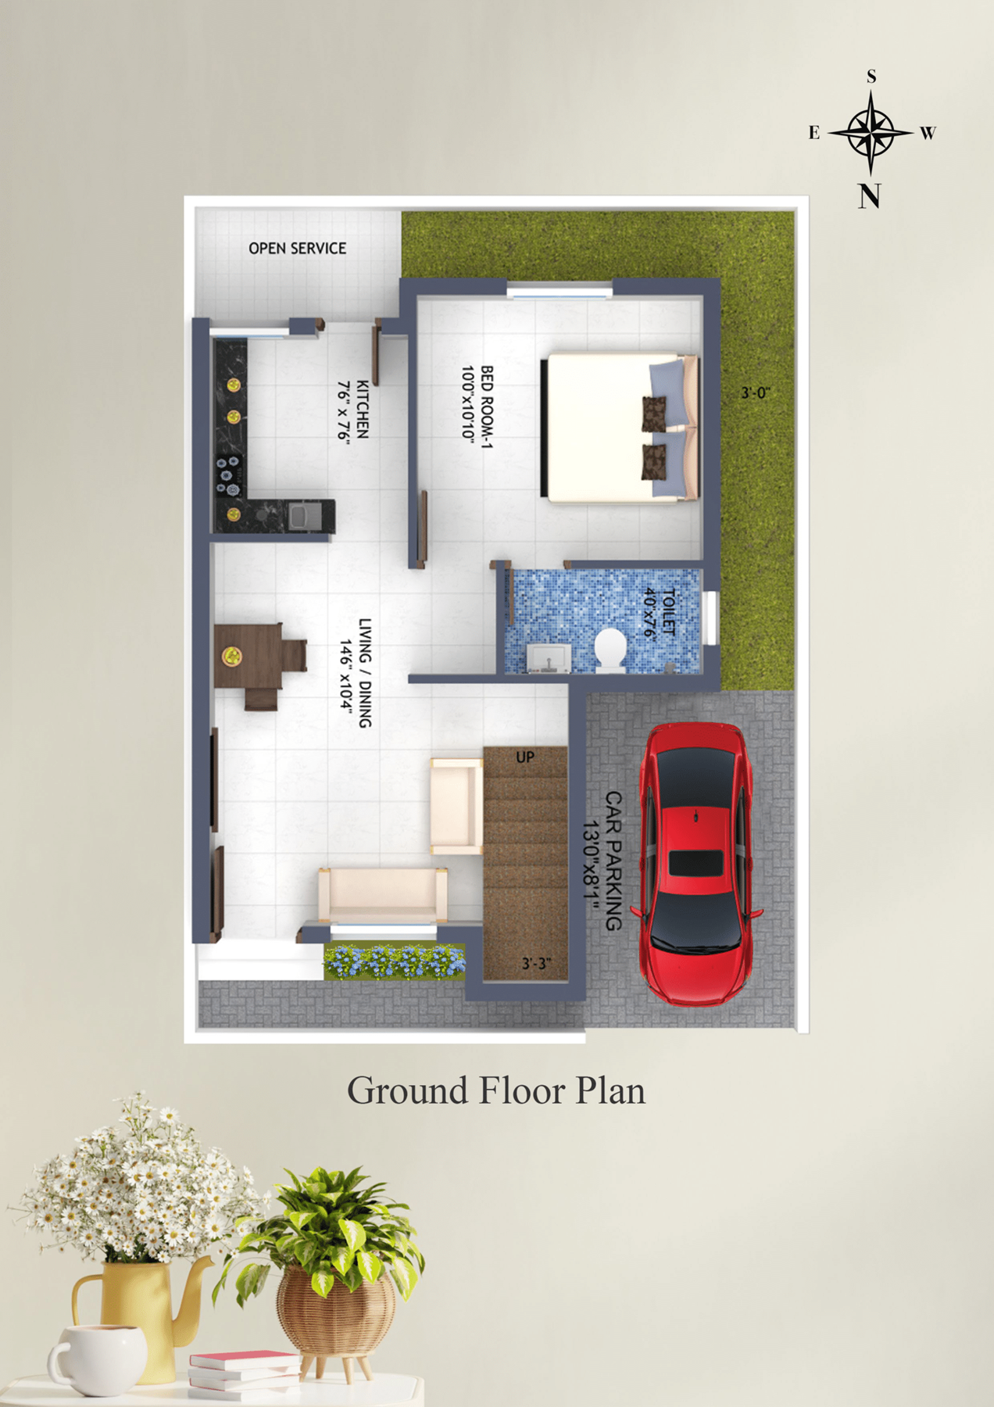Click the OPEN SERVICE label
pyautogui.click(x=297, y=248)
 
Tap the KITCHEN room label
pyautogui.click(x=363, y=409)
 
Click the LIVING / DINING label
pyautogui.click(x=365, y=673)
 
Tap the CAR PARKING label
pyautogui.click(x=613, y=861)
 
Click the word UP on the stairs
pyautogui.click(x=525, y=757)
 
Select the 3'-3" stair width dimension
pyautogui.click(x=536, y=964)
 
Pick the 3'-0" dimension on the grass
pyautogui.click(x=756, y=392)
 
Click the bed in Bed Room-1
pyautogui.click(x=622, y=428)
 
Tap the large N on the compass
pyautogui.click(x=869, y=195)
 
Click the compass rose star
pyautogui.click(x=871, y=132)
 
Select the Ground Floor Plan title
pyautogui.click(x=496, y=1090)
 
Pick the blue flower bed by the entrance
pyautogui.click(x=395, y=961)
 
